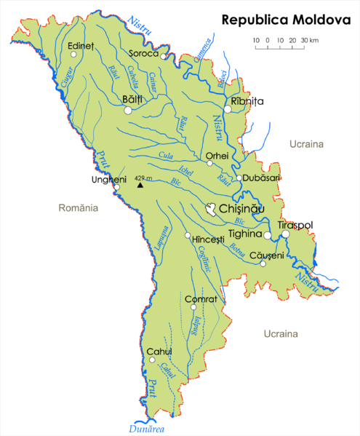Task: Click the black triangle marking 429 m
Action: tap(140, 185)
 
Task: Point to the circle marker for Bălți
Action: tap(128, 111)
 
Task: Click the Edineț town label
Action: tap(81, 46)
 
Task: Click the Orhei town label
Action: tap(217, 155)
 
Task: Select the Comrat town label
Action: tap(201, 299)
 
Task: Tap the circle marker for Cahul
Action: tap(152, 360)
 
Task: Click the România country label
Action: tap(78, 208)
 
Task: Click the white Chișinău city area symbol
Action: tap(211, 210)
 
